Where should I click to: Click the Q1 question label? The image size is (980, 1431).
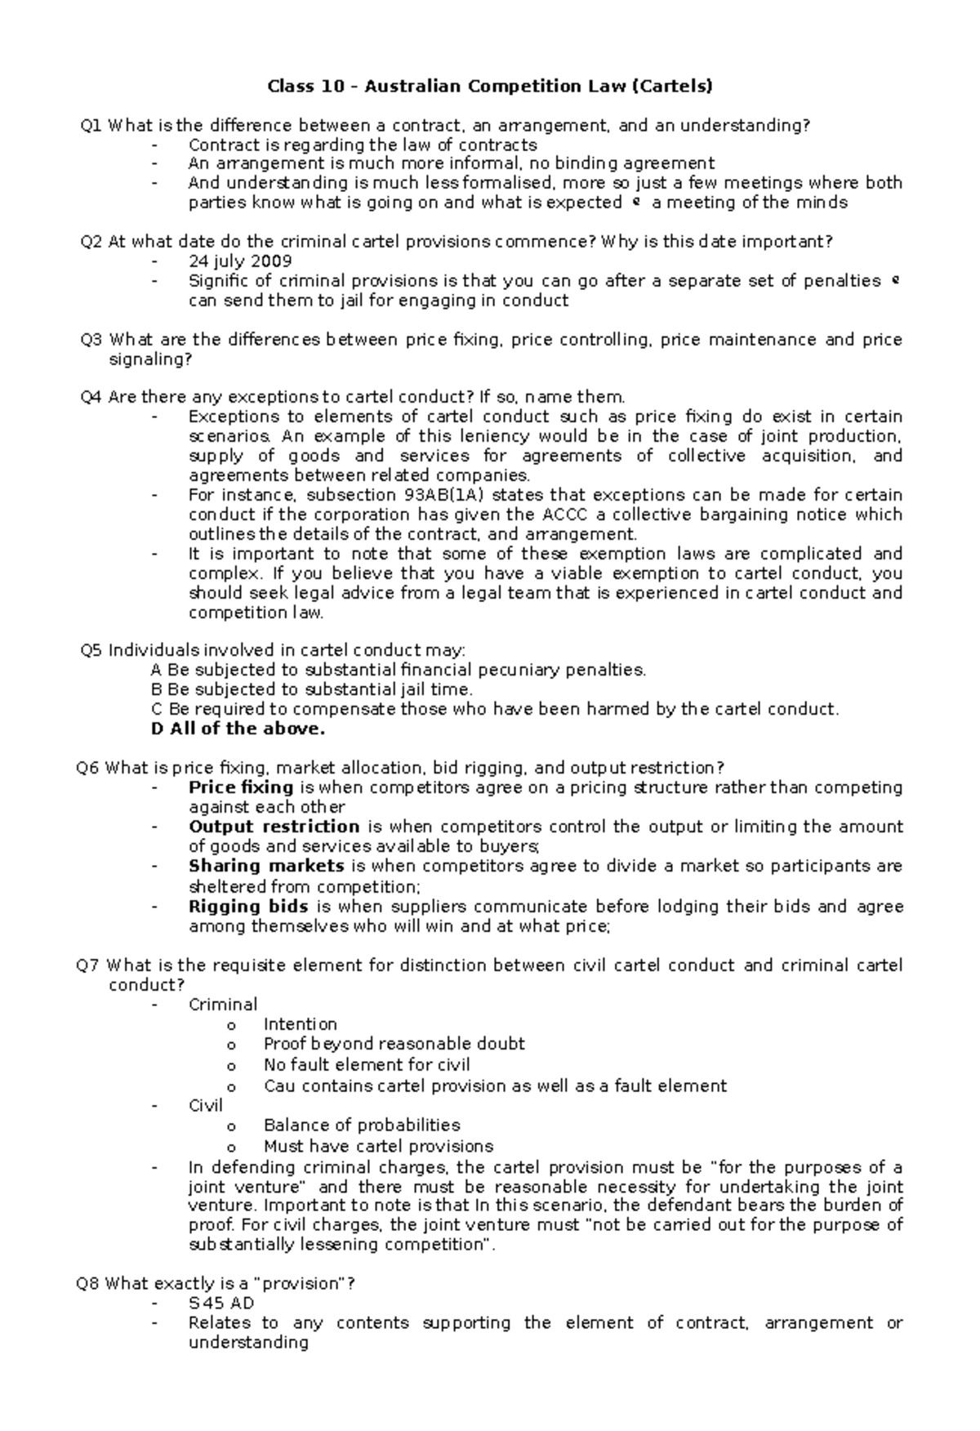coord(91,125)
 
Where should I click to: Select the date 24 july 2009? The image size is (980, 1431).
coord(239,261)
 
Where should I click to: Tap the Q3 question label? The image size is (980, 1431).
coord(91,340)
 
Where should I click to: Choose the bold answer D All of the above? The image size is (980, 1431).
coord(238,729)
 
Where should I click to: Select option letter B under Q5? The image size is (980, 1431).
coord(157,689)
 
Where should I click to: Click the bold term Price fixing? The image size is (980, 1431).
coord(240,787)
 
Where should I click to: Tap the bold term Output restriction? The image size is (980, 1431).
coord(274,827)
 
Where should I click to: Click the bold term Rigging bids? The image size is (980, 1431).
coord(247,907)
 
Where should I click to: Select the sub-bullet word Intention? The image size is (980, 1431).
coord(300,1024)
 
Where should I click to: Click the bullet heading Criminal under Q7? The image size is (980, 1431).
coord(222,1005)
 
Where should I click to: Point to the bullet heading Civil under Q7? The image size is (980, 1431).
coord(205,1106)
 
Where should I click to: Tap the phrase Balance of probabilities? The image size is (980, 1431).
coord(361,1126)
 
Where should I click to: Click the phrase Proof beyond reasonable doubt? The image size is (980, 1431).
coord(394,1044)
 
